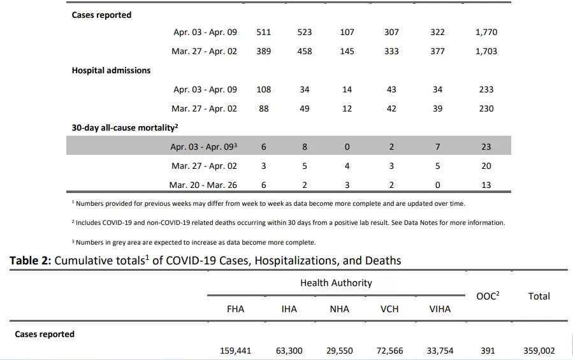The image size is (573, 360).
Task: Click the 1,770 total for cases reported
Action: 486,32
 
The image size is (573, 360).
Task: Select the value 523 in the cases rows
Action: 305,32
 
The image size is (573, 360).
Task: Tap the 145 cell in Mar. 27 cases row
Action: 347,51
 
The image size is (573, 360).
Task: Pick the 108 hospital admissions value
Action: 263,90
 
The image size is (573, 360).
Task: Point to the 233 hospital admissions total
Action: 486,90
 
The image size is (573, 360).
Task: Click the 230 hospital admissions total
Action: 486,108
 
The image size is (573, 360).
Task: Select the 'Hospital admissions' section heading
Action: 111,71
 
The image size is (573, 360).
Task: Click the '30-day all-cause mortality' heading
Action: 125,127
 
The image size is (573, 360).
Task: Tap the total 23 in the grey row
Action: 486,147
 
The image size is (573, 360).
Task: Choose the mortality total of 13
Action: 486,185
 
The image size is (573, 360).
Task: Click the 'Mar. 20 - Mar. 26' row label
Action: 203,185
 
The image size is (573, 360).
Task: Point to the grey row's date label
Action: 203,147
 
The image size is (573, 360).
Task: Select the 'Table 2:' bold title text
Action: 31,261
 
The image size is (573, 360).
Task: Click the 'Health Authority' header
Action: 336,283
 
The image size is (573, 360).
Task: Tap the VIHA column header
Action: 440,309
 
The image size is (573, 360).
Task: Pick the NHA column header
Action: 340,309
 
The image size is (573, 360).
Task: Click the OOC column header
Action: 488,296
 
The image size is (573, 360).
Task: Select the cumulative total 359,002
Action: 539,351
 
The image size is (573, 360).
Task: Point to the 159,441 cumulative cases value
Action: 235,351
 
